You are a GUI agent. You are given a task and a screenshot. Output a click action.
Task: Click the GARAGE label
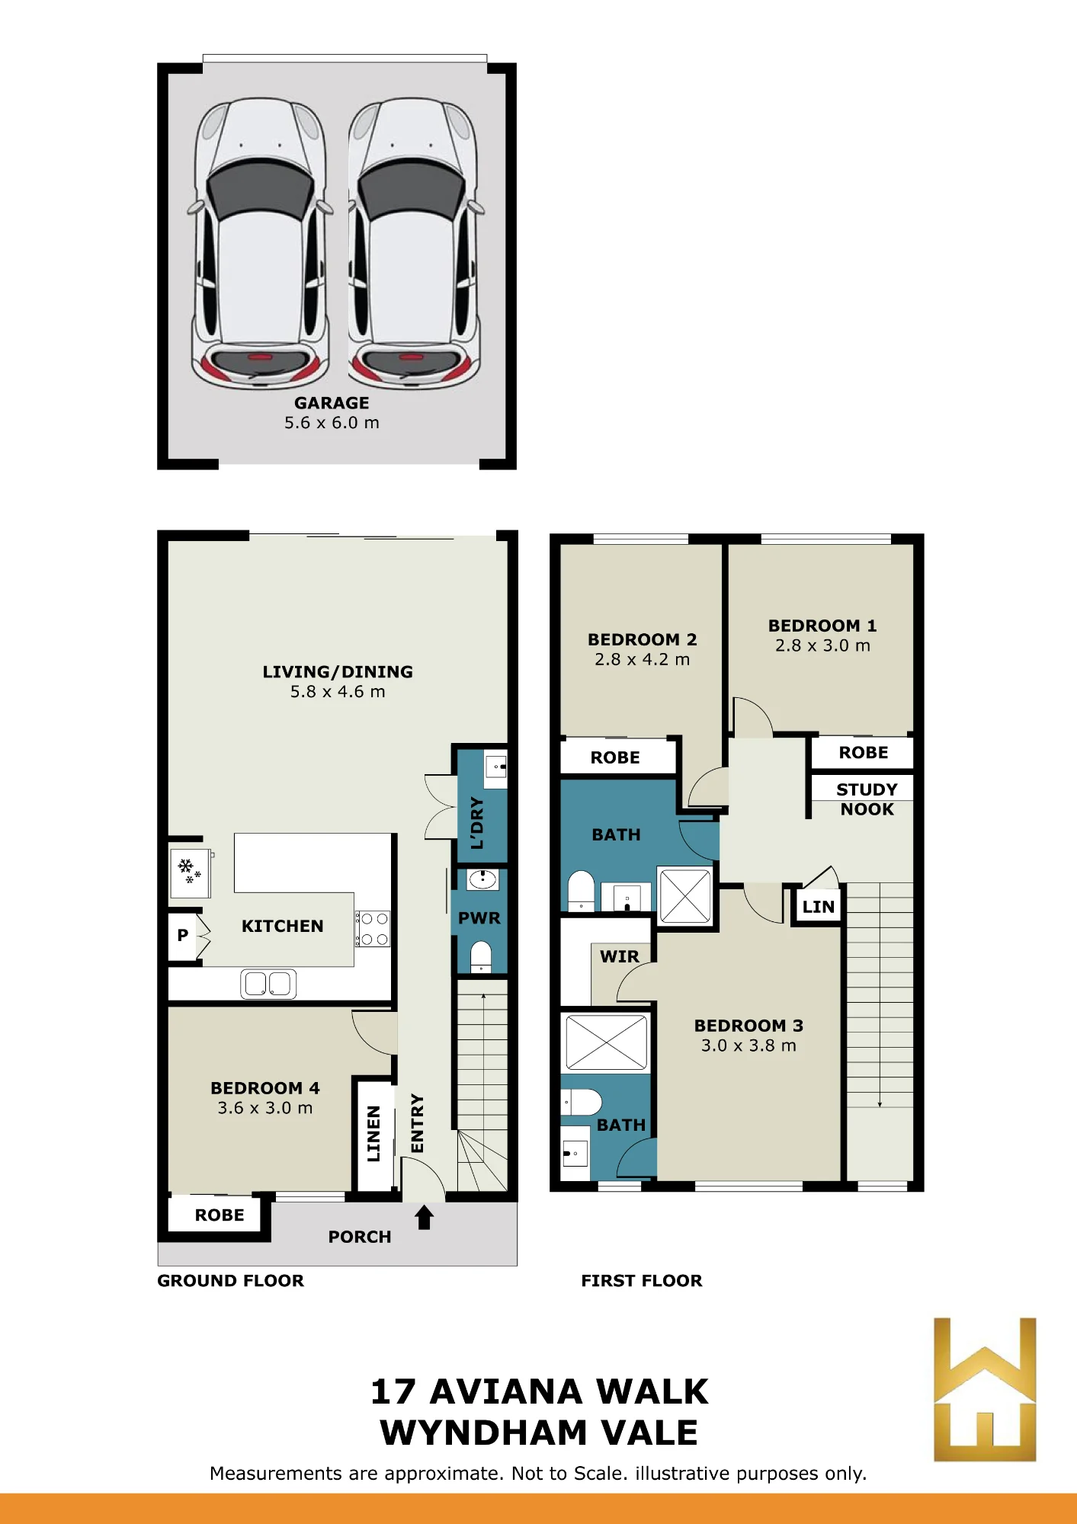click(332, 403)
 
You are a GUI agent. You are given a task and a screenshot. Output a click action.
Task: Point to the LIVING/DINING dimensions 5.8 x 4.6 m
click(338, 692)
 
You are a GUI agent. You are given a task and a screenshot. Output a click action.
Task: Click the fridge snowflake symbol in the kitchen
click(189, 870)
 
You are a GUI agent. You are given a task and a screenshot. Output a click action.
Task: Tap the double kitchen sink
click(268, 984)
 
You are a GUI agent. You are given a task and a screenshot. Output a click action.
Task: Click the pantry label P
click(183, 935)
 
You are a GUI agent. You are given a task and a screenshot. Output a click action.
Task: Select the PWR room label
click(479, 918)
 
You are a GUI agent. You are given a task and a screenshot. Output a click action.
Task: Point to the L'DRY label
click(478, 823)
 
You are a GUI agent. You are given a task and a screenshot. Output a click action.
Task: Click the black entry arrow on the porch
click(425, 1217)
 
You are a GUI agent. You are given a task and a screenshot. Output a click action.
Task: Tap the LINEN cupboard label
click(373, 1134)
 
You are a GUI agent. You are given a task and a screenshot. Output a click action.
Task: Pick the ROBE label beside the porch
click(220, 1215)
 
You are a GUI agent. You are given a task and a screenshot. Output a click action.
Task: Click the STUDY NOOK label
click(867, 799)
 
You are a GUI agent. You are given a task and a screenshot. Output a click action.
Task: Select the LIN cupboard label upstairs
click(819, 907)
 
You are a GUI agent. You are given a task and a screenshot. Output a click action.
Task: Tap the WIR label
click(620, 956)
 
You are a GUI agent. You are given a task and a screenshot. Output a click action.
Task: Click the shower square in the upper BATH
click(685, 897)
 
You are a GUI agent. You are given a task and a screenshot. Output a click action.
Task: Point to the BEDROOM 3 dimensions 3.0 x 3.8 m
click(748, 1045)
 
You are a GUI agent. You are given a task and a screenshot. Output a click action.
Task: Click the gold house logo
click(985, 1389)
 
